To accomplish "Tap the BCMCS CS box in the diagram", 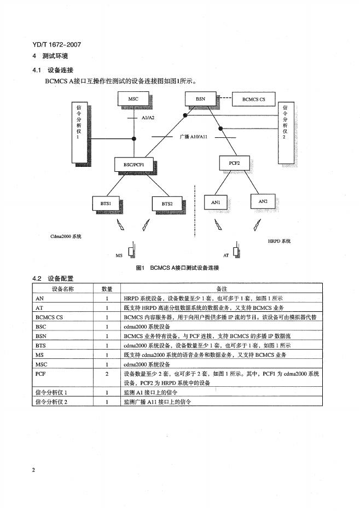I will coord(254,100).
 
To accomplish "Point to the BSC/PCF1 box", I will coord(133,163).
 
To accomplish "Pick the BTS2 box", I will coord(167,204).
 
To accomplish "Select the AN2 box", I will coord(263,201).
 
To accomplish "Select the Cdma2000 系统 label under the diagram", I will coord(65,236).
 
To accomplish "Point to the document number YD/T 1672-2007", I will coord(53,45).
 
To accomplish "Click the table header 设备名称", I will coord(63,288).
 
